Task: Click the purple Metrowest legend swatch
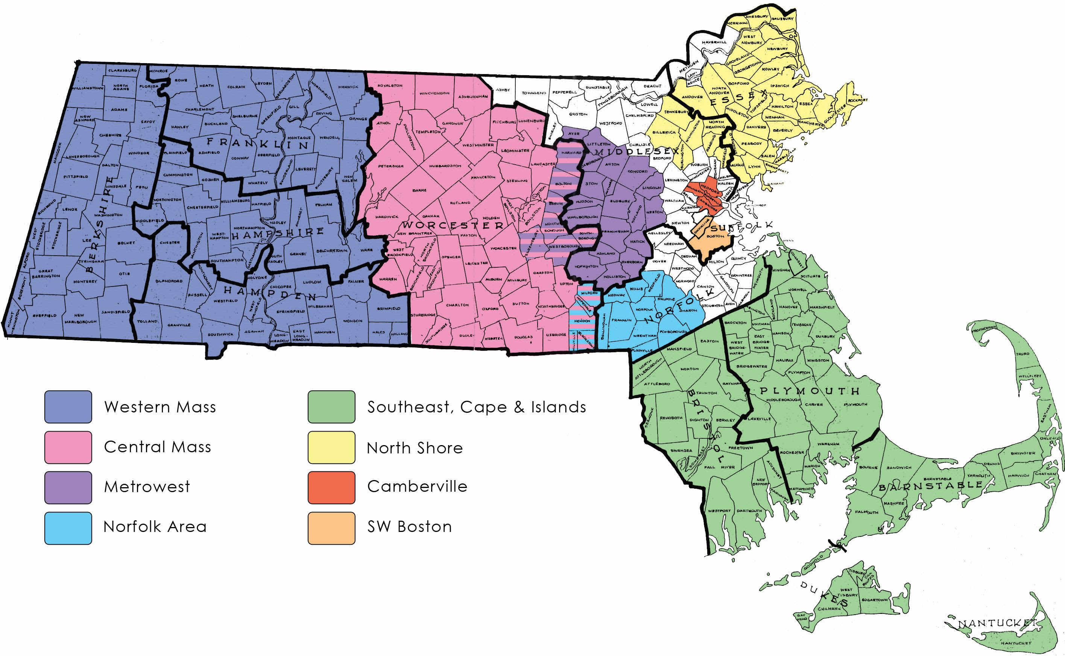[x=68, y=488]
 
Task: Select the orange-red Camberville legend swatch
[x=331, y=488]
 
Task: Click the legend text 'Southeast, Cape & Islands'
[x=476, y=407]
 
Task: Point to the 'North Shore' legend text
[x=415, y=448]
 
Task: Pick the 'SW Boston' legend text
[x=409, y=527]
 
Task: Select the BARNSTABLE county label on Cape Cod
[x=930, y=486]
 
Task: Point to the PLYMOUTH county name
[x=809, y=391]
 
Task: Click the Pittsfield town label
[x=76, y=177]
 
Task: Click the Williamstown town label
[x=88, y=88]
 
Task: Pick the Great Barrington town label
[x=46, y=274]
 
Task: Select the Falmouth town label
[x=866, y=512]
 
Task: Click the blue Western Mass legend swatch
[x=68, y=407]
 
